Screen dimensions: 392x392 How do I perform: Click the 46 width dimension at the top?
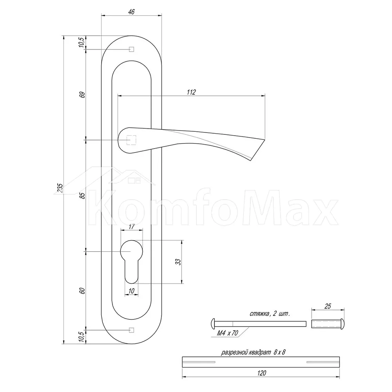tap(131, 12)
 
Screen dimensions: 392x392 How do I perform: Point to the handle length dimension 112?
tap(191, 92)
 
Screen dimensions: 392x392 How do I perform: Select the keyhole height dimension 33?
tap(178, 262)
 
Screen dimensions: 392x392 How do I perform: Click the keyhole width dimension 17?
tap(131, 227)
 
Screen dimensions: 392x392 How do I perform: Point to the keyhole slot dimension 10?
tap(131, 291)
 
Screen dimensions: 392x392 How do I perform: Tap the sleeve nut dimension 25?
tap(328, 306)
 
